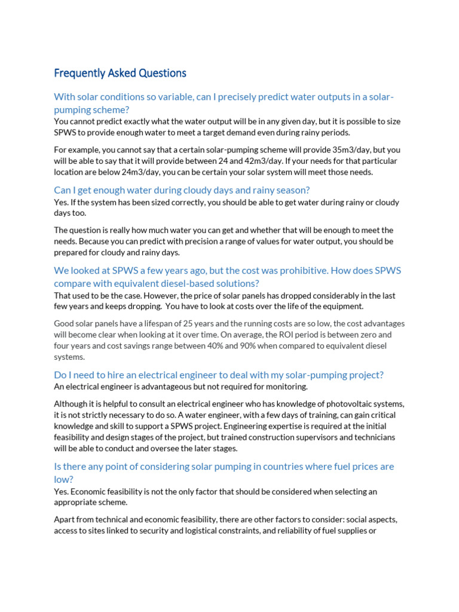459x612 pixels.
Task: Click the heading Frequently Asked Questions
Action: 120,74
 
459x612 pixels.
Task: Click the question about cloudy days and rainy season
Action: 182,190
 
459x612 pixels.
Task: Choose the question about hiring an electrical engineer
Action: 219,375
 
